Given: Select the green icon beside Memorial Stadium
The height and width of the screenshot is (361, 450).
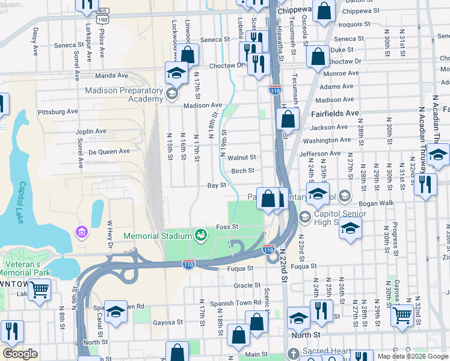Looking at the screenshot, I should [201, 234].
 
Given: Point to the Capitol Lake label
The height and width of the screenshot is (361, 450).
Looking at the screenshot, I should [20, 203].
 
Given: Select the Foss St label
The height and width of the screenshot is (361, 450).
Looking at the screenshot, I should [228, 226].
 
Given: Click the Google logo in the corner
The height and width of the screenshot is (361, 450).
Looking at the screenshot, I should [20, 354].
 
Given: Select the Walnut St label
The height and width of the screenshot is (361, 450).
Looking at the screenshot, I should [242, 157].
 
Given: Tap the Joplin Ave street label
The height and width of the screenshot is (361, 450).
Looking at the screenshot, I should [91, 131].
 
